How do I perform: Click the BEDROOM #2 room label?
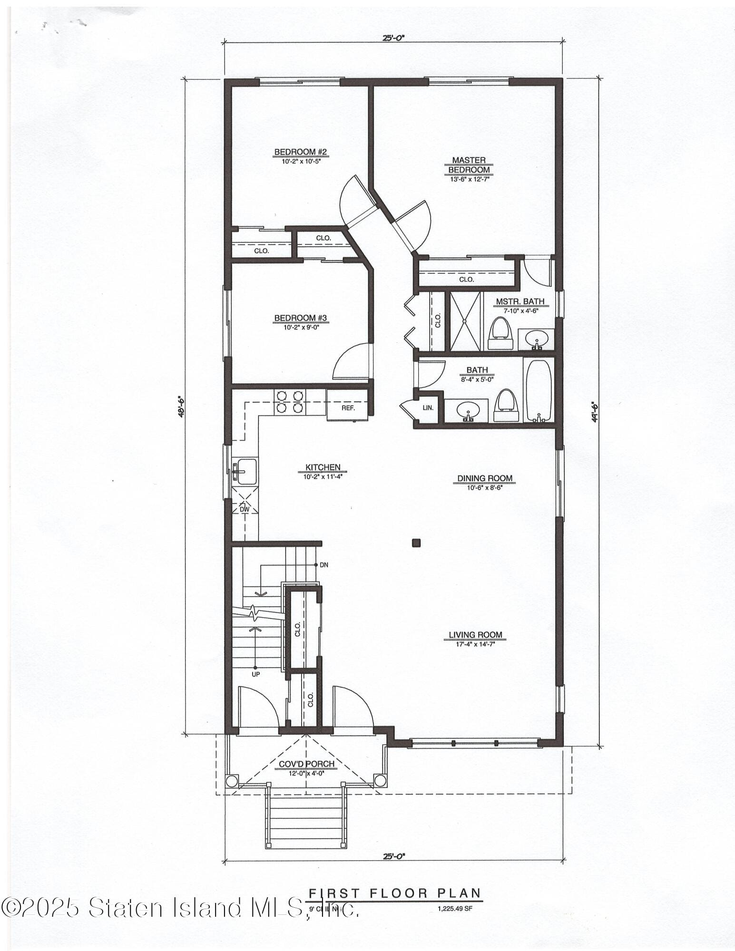pos(300,152)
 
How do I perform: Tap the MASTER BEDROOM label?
pos(469,165)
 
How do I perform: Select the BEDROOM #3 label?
pos(300,318)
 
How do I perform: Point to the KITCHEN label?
pos(323,467)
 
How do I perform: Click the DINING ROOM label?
pos(485,478)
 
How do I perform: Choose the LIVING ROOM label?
pos(475,635)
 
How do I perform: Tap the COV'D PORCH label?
pos(306,764)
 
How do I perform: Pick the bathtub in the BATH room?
pos(539,390)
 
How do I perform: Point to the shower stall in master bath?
pos(465,321)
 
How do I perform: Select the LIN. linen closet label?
pos(428,408)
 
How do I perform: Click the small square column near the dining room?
pos(417,542)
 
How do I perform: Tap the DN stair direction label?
pos(324,565)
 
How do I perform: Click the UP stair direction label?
pos(255,674)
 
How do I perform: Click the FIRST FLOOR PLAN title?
pos(395,893)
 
